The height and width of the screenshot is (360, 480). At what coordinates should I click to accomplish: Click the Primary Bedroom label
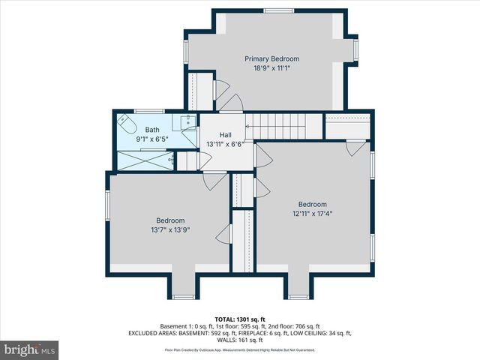[271, 58]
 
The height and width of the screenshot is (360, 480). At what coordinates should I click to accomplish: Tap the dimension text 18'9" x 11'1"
[271, 68]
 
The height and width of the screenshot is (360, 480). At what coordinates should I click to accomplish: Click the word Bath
[152, 130]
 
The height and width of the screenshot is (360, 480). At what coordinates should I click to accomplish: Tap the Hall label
[225, 135]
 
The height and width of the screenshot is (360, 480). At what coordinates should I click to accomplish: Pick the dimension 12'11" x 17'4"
[312, 214]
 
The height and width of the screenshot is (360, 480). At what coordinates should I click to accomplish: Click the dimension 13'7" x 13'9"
[169, 229]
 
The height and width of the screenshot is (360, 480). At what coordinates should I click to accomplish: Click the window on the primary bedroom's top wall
[274, 10]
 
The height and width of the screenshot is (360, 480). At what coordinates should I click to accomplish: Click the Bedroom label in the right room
[312, 204]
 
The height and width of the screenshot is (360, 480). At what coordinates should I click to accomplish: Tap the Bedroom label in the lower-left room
[169, 220]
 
